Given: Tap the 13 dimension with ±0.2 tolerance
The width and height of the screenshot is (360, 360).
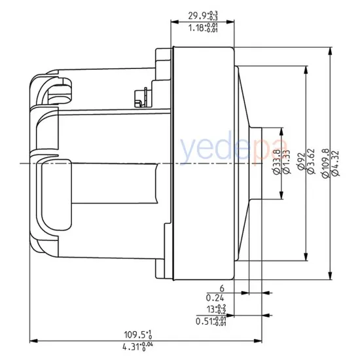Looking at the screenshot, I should click(216, 309).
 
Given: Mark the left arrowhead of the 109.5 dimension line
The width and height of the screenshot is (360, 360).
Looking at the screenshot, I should click(33, 340).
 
